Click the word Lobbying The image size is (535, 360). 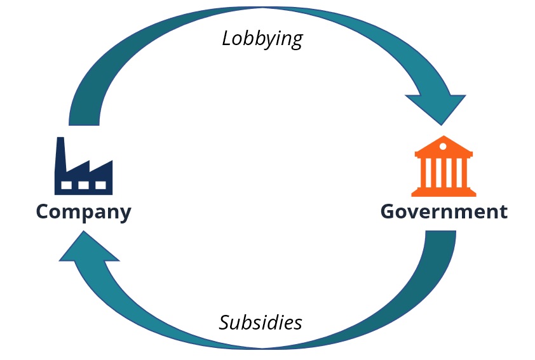(x=262, y=39)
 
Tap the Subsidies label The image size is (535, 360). (x=261, y=323)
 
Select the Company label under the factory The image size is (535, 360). (x=83, y=211)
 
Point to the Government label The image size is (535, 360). (x=444, y=211)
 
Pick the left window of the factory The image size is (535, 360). (x=67, y=185)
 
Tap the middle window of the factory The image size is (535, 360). (x=84, y=185)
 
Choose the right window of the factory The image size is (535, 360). (x=100, y=185)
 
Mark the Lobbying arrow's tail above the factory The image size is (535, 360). (x=84, y=114)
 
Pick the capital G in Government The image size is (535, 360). (x=388, y=211)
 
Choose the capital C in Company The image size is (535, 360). (x=43, y=211)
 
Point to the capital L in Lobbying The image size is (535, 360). (x=227, y=39)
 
